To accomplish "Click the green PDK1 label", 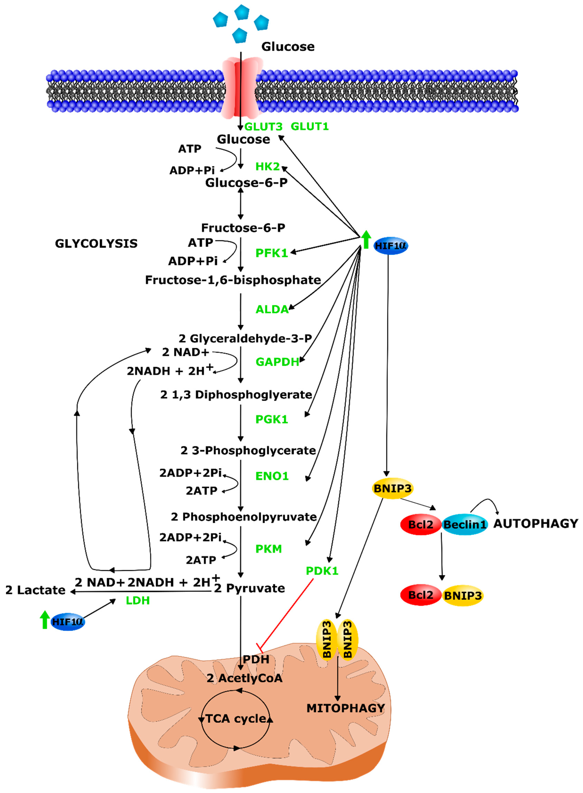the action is [322, 571].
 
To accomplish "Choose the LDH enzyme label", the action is [138, 600].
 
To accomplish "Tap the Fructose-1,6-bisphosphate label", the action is [233, 280].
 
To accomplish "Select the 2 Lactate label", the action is [35, 590].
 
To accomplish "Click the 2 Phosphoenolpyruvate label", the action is [244, 517].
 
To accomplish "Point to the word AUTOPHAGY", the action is [536, 523].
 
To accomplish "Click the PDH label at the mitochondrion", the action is [256, 659].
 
